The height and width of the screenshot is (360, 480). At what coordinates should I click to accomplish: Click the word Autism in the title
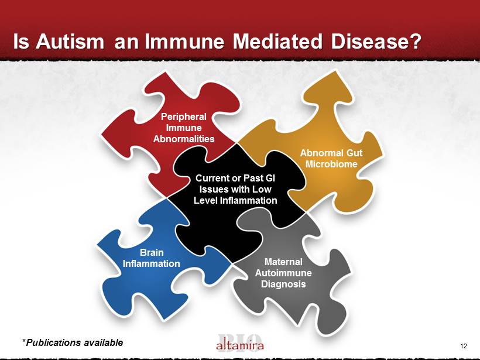(70, 42)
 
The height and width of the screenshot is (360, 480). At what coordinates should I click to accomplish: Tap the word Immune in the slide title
(184, 42)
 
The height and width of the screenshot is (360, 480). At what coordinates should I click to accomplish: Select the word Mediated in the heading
(277, 42)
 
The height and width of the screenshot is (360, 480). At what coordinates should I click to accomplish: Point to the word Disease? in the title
(376, 42)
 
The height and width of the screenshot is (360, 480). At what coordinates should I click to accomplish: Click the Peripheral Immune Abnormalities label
(184, 128)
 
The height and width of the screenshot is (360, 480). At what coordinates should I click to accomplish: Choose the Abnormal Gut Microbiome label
(331, 158)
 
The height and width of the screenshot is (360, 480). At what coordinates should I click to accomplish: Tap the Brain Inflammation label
(151, 258)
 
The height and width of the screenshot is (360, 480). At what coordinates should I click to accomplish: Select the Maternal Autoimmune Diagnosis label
(283, 273)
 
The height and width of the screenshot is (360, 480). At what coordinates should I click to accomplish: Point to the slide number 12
(464, 346)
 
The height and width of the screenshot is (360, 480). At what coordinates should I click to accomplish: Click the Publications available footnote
(73, 342)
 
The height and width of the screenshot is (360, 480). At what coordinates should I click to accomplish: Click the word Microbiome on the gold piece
(331, 164)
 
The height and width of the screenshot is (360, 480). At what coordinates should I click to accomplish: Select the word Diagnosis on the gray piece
(283, 284)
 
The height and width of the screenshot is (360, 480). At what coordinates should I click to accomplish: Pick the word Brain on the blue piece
(152, 252)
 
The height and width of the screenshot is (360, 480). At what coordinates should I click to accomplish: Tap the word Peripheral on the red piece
(184, 116)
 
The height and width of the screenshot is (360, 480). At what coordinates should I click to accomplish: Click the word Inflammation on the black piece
(248, 201)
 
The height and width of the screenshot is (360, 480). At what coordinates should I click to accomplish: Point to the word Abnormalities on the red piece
(184, 139)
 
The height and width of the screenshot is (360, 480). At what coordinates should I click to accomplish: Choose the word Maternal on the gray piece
(283, 262)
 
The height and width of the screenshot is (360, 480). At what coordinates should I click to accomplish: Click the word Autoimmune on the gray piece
(283, 273)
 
